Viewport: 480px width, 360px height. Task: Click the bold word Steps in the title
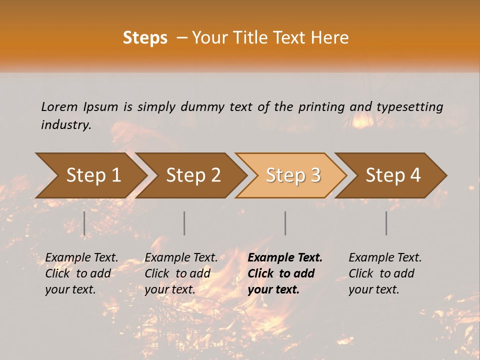[145, 38]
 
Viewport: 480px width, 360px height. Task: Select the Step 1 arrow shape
[92, 175]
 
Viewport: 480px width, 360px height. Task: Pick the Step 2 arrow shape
[193, 175]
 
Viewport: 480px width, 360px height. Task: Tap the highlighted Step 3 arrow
[292, 175]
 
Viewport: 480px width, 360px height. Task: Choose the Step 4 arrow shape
[393, 175]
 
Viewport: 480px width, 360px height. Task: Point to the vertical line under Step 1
[84, 223]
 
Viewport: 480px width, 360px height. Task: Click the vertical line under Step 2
[184, 223]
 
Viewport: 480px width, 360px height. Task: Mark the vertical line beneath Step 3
[285, 223]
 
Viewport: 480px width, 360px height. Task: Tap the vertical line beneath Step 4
[386, 223]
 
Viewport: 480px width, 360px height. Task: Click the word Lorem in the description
[59, 106]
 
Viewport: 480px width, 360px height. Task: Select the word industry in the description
[66, 125]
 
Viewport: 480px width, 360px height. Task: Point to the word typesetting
[409, 106]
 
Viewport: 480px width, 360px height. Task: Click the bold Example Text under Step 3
[285, 258]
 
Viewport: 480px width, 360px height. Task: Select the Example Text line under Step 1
[81, 258]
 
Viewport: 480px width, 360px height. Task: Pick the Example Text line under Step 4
[385, 258]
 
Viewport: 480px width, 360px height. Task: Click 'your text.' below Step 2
[170, 289]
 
